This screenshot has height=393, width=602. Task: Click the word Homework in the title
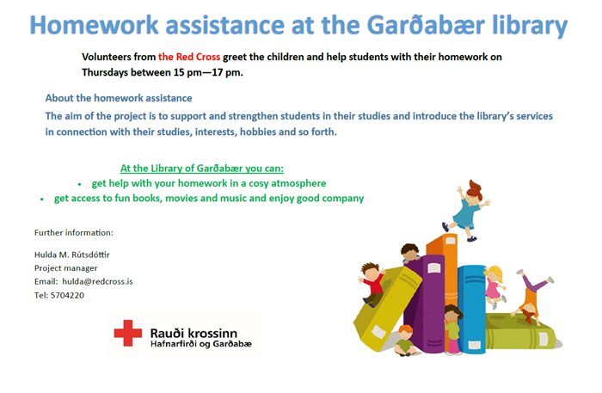[x=94, y=25]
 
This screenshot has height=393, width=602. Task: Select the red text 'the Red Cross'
[x=189, y=57]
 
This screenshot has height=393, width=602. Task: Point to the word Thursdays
[x=105, y=72]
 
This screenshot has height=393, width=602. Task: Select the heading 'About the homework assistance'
[x=119, y=98]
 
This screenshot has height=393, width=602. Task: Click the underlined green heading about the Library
[x=202, y=169]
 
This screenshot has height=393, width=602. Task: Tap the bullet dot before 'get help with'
[x=79, y=185]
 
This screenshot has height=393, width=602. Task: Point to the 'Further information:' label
[x=74, y=232]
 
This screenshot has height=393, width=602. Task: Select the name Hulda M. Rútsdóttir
[x=72, y=255]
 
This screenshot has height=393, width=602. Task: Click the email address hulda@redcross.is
[x=97, y=281]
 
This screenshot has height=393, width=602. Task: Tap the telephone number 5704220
[x=67, y=295]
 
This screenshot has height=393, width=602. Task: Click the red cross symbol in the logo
[x=128, y=333]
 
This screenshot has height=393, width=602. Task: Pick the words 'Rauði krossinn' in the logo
[x=193, y=333]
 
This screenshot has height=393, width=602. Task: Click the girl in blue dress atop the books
[x=466, y=210]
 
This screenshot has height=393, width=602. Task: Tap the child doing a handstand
[x=531, y=297]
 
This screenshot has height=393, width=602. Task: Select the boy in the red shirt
[x=372, y=283]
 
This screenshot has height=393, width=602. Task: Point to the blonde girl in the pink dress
[x=494, y=286]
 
